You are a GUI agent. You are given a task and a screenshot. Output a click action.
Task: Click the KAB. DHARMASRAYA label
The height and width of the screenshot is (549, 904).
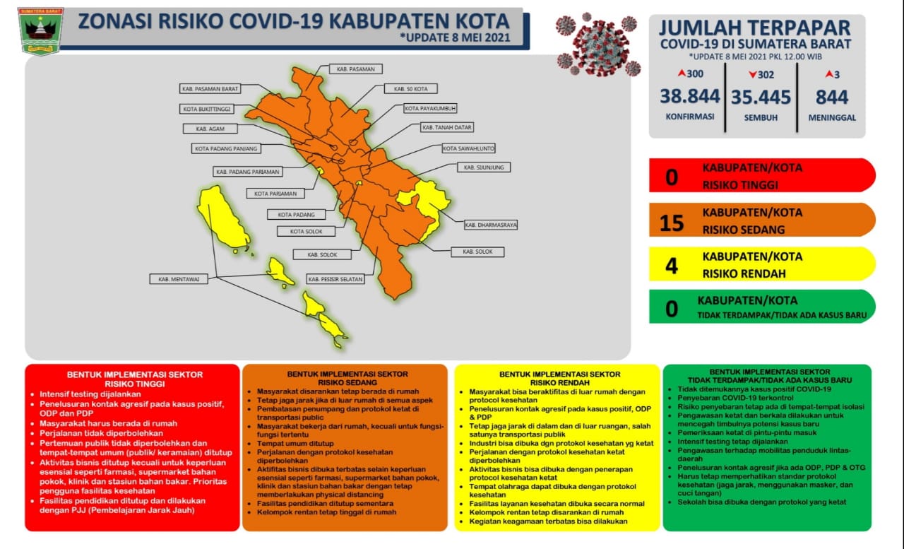click(x=491, y=225)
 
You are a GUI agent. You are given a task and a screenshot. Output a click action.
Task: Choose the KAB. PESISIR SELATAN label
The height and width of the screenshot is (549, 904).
click(x=335, y=279)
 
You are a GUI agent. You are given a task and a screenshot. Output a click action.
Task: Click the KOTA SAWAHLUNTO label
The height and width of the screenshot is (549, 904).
click(x=468, y=148)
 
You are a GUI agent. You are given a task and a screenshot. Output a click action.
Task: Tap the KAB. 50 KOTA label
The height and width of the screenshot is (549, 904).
click(x=410, y=89)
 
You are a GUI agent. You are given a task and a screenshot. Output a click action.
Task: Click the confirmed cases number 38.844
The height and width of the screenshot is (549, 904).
click(x=690, y=96)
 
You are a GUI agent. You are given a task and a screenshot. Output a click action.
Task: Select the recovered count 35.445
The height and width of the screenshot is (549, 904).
click(x=761, y=96)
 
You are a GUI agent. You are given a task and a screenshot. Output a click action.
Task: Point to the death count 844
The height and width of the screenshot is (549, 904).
click(x=831, y=96)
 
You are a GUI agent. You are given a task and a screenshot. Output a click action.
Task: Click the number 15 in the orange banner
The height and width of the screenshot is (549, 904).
click(x=672, y=223)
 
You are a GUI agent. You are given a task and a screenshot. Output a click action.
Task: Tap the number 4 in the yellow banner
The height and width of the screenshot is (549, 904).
click(x=672, y=265)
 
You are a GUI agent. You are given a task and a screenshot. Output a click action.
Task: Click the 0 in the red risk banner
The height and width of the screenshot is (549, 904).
click(x=672, y=177)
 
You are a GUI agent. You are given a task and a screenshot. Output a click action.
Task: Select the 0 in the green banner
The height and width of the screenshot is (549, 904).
click(x=672, y=308)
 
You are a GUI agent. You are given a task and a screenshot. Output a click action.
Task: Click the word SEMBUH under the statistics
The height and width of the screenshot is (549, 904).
click(x=761, y=117)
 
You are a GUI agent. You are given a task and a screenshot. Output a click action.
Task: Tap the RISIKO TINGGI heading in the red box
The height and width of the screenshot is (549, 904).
click(x=134, y=384)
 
